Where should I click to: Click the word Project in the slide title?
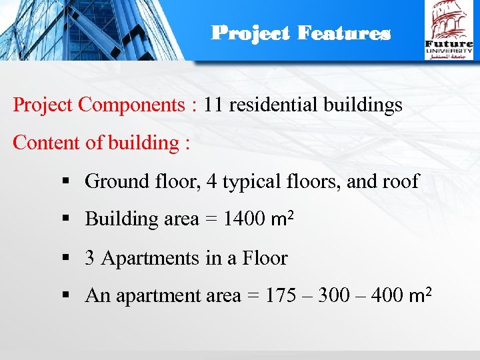click(251, 33)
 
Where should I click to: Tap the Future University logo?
click(449, 30)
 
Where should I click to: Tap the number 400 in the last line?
click(390, 296)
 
